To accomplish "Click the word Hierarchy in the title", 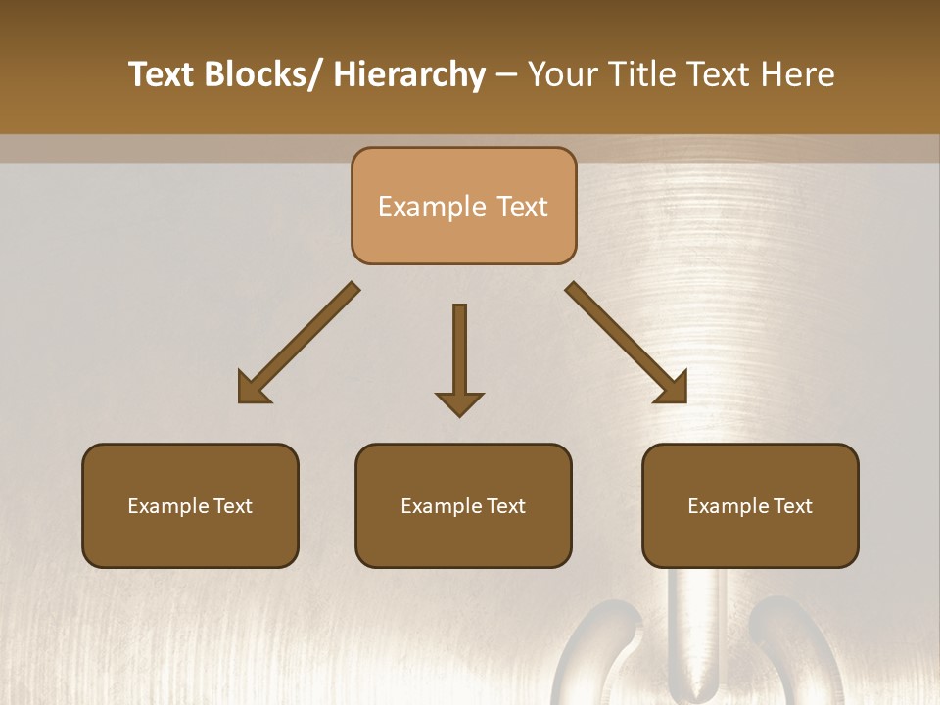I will click(x=409, y=74).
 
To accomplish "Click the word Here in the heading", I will click(x=797, y=74).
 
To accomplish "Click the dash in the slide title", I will click(x=506, y=75).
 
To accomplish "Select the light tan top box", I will click(x=464, y=206).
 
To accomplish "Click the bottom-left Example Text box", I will click(x=190, y=505).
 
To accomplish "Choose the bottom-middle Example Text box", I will click(x=463, y=505).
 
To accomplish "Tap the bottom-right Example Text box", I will click(x=750, y=505).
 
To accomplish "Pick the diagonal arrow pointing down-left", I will click(x=300, y=343).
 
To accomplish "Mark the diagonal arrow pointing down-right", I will click(x=625, y=343).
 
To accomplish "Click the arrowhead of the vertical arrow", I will click(x=459, y=402).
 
